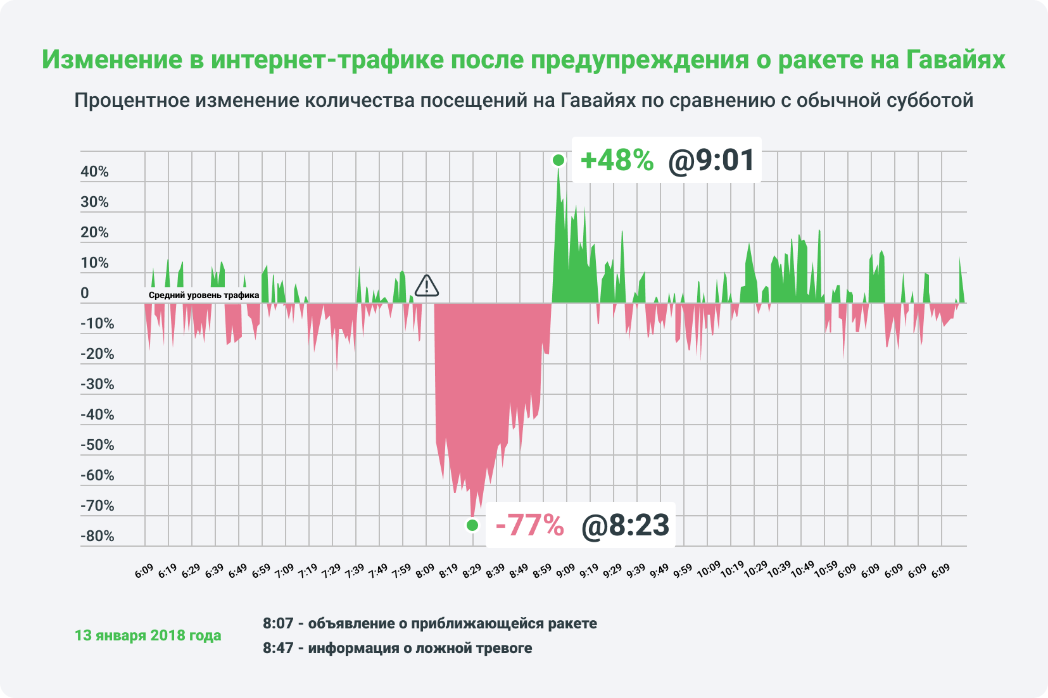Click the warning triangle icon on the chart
427,286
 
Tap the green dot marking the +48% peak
558,160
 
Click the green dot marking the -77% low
472,525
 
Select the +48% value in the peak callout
616,160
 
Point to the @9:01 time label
711,160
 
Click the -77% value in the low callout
529,525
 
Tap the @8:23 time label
625,525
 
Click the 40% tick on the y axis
95,171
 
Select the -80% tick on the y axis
98,536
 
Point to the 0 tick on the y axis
85,293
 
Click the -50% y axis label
98,445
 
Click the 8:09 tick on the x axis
426,570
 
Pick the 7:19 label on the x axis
308,570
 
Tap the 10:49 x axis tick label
802,569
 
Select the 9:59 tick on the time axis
683,570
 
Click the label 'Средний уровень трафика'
204,295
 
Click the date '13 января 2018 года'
148,635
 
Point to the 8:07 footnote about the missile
430,623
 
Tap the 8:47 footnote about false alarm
397,648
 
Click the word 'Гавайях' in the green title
956,59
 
